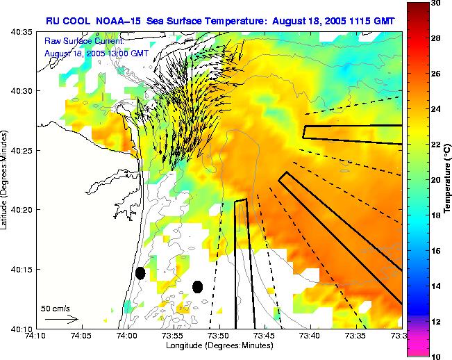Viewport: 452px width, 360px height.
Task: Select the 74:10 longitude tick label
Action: (x=35, y=336)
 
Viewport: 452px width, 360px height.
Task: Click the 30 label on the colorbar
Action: (x=436, y=3)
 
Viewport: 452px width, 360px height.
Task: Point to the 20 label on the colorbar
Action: (x=436, y=180)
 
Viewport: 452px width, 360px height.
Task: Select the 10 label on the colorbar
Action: (x=436, y=356)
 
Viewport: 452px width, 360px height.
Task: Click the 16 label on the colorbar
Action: (x=436, y=250)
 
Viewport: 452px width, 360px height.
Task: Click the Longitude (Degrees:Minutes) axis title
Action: (x=218, y=345)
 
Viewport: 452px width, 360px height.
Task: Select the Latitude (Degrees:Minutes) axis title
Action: (x=6, y=180)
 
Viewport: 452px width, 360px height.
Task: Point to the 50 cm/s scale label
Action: (x=55, y=308)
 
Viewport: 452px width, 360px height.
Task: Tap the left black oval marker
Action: (x=140, y=273)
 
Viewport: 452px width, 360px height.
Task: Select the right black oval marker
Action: (x=197, y=286)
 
